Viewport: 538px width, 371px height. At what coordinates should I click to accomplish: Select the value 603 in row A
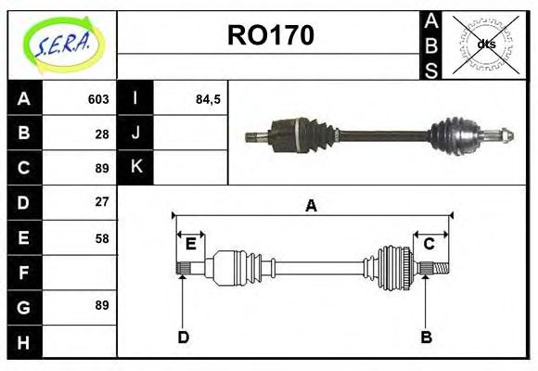98,99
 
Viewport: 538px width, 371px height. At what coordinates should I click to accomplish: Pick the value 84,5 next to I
209,99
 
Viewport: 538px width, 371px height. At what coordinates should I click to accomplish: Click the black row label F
24,273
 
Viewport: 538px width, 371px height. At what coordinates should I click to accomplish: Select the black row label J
135,133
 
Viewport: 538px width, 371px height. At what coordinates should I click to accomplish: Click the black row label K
135,168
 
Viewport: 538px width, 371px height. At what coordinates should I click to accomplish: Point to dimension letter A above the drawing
312,206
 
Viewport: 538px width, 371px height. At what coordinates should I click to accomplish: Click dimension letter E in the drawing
191,244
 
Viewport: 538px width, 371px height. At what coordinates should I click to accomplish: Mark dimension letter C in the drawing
429,244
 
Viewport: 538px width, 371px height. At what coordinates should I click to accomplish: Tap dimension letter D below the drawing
183,337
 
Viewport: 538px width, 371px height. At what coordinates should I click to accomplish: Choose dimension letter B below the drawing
427,337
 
